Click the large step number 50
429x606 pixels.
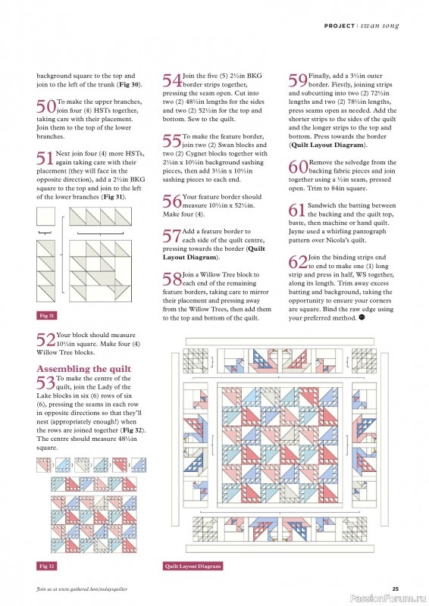[x=46, y=106]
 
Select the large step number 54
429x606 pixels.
[x=172, y=80]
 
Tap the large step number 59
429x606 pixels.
[x=298, y=80]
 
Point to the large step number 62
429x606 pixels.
[x=298, y=261]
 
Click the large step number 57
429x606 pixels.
[x=172, y=236]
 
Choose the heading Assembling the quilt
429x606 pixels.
[x=84, y=369]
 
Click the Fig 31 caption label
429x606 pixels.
[x=46, y=316]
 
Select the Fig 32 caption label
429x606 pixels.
[x=46, y=566]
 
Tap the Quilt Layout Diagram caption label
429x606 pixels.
[x=193, y=566]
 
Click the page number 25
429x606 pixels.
[x=396, y=589]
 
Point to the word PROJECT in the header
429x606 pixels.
[x=340, y=26]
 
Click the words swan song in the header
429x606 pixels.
[x=380, y=26]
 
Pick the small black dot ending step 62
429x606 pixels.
[x=362, y=317]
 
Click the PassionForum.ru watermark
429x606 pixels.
[x=389, y=598]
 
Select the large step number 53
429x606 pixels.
[x=46, y=383]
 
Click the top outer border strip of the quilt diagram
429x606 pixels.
[x=280, y=342]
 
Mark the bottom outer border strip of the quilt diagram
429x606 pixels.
[x=280, y=548]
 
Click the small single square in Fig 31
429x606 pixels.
[x=45, y=217]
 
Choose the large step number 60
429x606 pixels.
[x=298, y=167]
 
